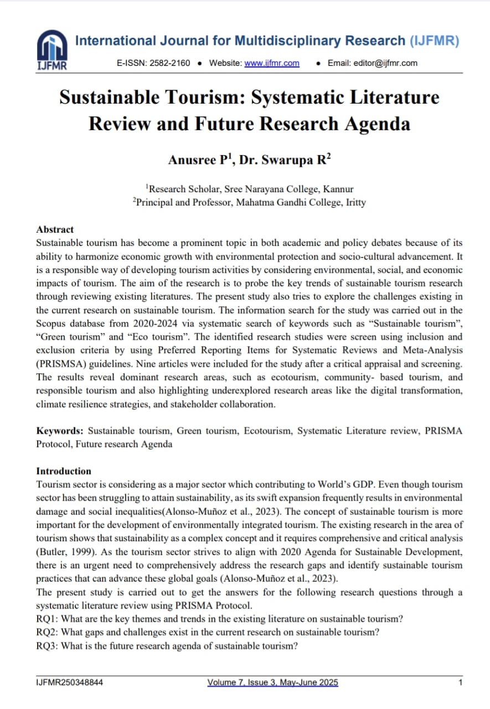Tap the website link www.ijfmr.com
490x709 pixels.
click(x=272, y=63)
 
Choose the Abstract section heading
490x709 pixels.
click(x=55, y=229)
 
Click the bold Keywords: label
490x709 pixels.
click(x=60, y=430)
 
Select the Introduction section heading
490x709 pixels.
click(x=64, y=471)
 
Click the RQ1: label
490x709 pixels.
click(x=48, y=619)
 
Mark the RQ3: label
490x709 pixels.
click(x=48, y=646)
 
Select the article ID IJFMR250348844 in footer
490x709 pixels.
click(x=70, y=682)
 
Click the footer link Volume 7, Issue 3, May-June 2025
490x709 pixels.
click(x=272, y=682)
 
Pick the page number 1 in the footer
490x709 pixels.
click(x=460, y=682)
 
